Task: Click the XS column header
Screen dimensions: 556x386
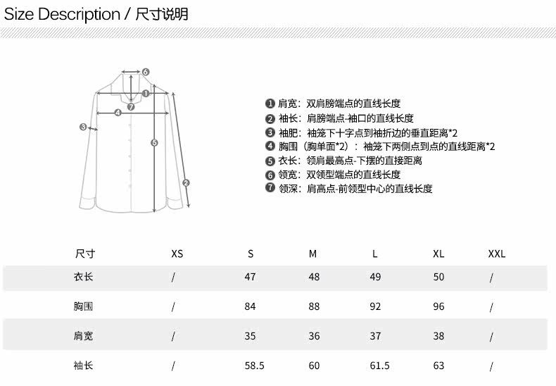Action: pos(177,254)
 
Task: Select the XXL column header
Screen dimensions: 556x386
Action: pos(497,254)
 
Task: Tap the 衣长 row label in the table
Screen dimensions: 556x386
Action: pos(84,277)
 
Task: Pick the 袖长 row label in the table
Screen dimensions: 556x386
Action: pos(84,366)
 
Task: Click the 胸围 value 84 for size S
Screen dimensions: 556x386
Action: pos(250,306)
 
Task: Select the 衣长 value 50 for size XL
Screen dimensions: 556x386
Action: pos(438,277)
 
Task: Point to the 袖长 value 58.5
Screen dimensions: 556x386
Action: pos(254,366)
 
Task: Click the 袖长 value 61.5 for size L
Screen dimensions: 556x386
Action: pos(379,366)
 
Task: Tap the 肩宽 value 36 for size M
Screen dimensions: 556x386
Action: pos(314,336)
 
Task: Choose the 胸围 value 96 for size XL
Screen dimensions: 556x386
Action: pos(438,306)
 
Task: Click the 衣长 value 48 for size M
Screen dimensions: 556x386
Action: pos(314,277)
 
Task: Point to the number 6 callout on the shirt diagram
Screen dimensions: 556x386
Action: pos(146,71)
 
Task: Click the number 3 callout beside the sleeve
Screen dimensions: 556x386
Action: pos(83,127)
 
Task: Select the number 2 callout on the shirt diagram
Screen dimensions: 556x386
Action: pos(187,182)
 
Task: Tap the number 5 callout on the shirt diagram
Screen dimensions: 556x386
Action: pos(155,142)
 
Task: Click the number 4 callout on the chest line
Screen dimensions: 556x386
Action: pos(118,112)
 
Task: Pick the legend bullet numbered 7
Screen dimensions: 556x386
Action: pos(270,188)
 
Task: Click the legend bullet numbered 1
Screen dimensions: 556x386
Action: pos(270,104)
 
